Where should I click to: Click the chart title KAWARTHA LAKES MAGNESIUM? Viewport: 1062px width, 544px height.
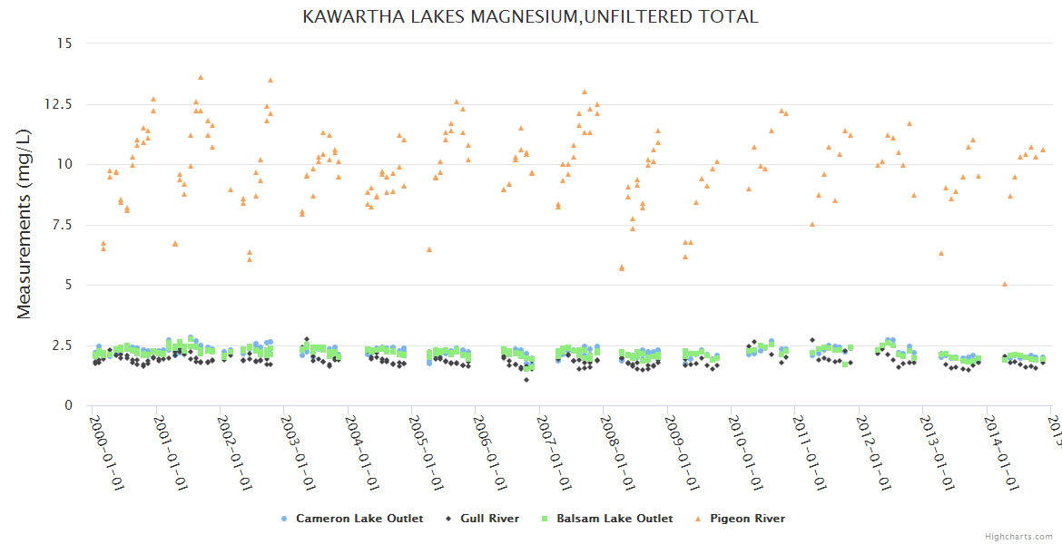click(530, 16)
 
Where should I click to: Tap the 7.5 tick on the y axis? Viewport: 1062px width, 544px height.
click(60, 224)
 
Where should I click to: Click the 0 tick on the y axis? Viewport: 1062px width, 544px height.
click(66, 405)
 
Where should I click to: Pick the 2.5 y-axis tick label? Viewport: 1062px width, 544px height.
click(60, 345)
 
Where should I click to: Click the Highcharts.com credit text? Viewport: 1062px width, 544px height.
click(1019, 536)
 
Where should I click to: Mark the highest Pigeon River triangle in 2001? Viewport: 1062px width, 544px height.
click(201, 77)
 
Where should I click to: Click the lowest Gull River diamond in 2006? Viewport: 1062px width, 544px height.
click(526, 379)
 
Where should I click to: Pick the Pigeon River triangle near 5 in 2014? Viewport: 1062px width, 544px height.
click(1005, 284)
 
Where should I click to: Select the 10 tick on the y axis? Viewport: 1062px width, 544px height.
click(62, 164)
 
